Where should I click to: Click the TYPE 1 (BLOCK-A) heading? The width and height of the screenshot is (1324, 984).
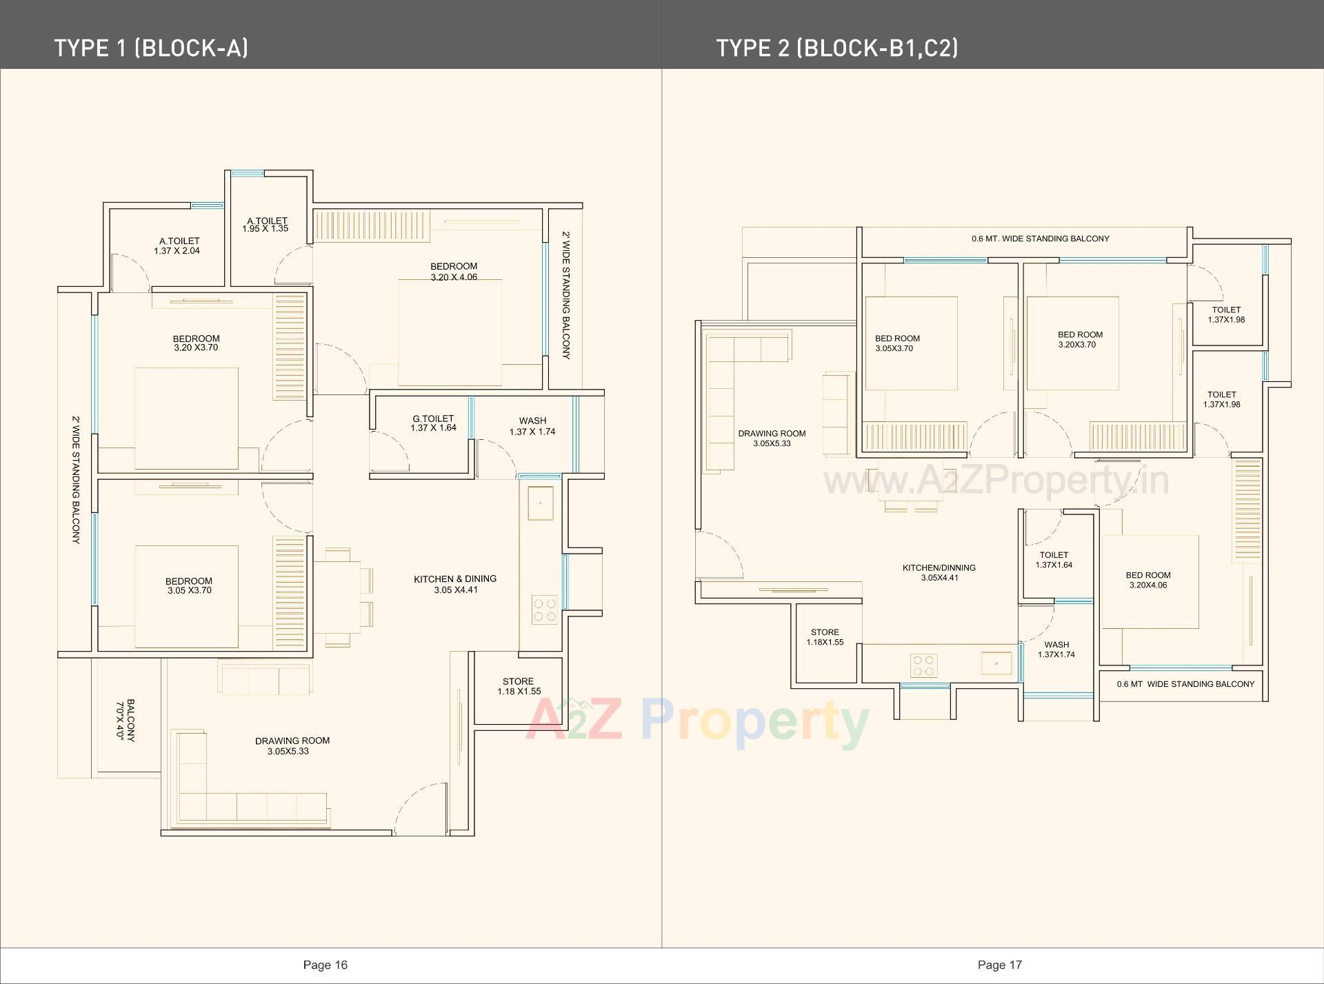(151, 48)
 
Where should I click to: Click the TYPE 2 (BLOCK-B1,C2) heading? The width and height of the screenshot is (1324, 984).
(836, 48)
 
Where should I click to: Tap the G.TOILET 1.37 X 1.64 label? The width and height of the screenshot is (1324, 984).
(433, 423)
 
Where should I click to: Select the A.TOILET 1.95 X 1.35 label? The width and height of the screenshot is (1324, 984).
(265, 225)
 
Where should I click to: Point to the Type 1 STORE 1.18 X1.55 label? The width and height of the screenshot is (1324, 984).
(519, 686)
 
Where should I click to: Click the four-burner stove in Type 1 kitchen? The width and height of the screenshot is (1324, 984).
(544, 609)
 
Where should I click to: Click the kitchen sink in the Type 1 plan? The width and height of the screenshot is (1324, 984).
(540, 503)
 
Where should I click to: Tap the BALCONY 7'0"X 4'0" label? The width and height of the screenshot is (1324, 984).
(126, 720)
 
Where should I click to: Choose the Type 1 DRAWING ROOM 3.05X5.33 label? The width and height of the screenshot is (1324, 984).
(292, 746)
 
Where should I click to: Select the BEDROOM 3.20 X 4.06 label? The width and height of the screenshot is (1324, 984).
(454, 272)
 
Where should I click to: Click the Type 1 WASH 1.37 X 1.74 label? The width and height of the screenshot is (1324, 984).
(532, 426)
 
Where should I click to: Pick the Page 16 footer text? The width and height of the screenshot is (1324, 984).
(325, 965)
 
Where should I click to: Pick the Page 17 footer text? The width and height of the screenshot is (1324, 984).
(999, 965)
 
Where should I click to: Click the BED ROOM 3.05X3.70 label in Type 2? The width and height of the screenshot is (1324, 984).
(896, 343)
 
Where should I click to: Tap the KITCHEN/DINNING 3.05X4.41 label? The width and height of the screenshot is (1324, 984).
(939, 573)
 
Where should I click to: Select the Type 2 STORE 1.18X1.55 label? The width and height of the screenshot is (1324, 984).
(825, 637)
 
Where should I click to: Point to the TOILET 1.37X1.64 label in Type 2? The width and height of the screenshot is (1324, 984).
(1054, 560)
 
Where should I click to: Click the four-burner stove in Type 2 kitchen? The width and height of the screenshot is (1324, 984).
(923, 665)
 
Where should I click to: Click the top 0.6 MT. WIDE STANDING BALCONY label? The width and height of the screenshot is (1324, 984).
(1040, 239)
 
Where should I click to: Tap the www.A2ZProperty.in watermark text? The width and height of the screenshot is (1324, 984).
(996, 480)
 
